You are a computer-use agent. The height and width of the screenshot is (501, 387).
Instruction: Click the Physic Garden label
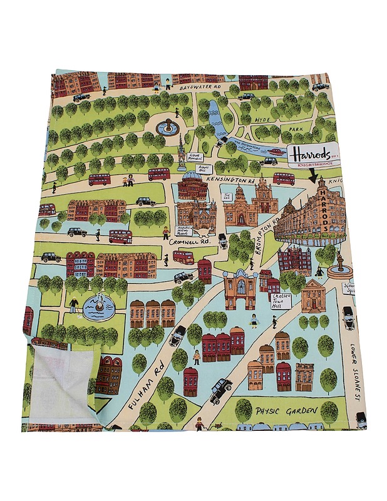[x=286, y=411]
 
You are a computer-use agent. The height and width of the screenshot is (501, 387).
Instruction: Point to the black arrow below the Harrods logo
[x=314, y=175]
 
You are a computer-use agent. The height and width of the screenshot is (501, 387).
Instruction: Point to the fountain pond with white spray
[x=96, y=307]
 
